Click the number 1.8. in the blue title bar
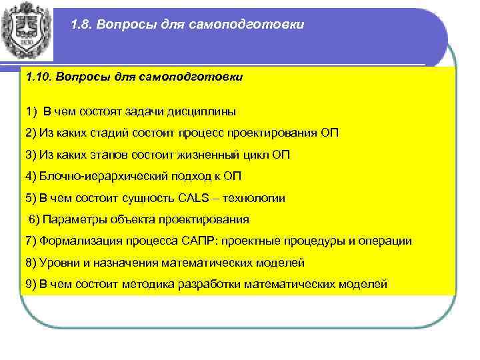[83, 25]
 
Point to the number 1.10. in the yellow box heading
[39, 77]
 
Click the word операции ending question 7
[383, 241]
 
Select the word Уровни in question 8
[59, 262]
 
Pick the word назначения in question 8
[125, 262]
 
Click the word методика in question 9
[148, 284]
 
